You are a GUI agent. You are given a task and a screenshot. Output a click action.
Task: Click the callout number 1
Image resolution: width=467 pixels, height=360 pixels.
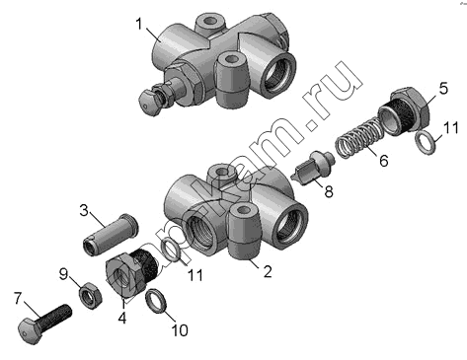(x=139, y=24)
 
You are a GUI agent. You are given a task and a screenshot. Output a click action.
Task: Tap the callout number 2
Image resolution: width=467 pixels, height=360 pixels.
(x=268, y=271)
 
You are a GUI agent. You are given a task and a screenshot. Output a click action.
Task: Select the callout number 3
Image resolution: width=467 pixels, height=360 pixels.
(x=84, y=210)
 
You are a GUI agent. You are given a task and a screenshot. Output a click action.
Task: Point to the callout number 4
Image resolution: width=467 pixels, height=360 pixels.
(x=122, y=318)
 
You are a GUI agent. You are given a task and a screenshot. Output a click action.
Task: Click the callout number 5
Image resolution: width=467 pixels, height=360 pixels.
(x=444, y=89)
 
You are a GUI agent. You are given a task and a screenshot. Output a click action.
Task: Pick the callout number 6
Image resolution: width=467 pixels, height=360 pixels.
(x=383, y=161)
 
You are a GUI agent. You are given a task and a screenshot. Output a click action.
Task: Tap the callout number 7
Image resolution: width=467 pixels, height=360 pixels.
(x=18, y=299)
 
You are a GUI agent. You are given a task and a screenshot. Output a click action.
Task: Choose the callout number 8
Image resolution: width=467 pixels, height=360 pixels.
(x=329, y=191)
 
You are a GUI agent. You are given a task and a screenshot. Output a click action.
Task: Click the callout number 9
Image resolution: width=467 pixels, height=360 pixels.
(x=63, y=274)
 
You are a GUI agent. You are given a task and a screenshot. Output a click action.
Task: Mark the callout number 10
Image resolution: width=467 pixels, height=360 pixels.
(x=180, y=330)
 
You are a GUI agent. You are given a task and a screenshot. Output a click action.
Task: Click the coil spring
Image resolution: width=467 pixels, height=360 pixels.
(x=358, y=138)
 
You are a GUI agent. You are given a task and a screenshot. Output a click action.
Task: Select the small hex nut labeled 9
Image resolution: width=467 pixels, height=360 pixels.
(x=90, y=294)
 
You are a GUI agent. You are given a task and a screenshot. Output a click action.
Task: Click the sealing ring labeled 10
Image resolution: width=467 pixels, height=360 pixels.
(x=156, y=301)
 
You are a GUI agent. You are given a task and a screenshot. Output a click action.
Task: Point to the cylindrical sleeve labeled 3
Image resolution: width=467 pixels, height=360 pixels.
(x=111, y=235)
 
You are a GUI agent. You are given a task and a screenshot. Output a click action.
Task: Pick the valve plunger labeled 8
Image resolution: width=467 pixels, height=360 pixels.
(x=313, y=168)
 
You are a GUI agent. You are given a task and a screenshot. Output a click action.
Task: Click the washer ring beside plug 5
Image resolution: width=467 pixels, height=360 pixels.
(x=426, y=141)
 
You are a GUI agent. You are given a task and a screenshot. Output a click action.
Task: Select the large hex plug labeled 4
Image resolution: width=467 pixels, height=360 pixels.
(x=131, y=273)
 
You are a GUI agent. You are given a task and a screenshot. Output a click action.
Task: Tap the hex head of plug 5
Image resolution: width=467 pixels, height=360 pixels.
(x=411, y=108)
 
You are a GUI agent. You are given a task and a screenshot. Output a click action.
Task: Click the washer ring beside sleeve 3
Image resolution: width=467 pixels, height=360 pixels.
(x=174, y=251)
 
